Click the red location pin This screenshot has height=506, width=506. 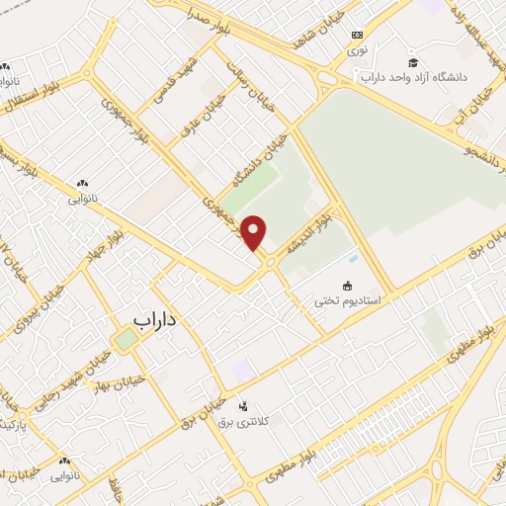tap(255, 232)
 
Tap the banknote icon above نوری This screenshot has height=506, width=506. tap(357, 33)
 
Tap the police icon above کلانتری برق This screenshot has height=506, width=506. tap(244, 404)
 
